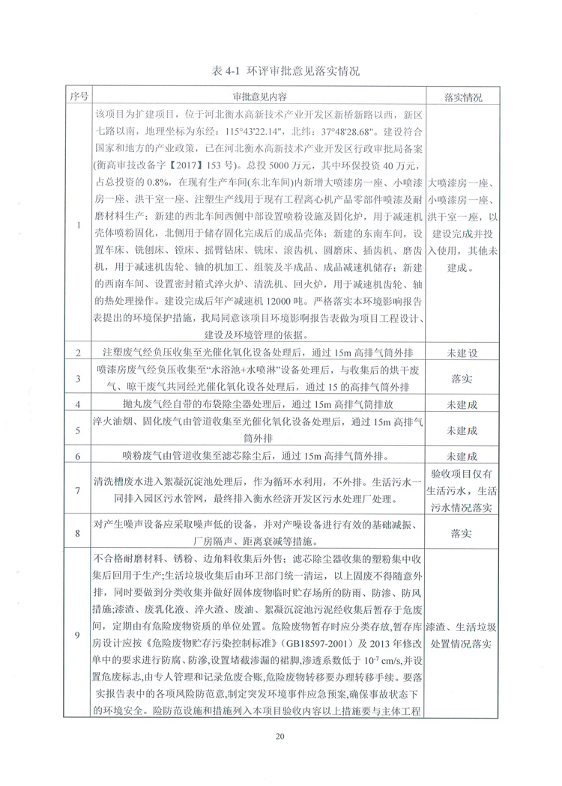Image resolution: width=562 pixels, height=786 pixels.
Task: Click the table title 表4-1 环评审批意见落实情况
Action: click(281, 72)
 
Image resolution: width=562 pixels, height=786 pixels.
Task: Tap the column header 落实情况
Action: click(462, 98)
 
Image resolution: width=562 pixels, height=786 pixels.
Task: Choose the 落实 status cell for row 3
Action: click(462, 378)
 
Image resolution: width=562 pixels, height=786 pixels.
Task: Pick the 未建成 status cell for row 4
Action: click(462, 404)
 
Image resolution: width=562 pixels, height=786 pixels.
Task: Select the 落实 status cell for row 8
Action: click(462, 533)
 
